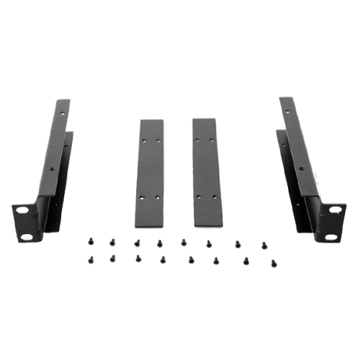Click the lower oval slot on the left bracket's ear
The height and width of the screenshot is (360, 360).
click(x=27, y=235)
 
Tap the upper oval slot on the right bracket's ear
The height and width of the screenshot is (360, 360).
click(x=335, y=210)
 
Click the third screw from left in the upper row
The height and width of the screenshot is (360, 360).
click(x=136, y=243)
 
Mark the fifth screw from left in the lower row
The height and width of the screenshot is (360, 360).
click(x=191, y=258)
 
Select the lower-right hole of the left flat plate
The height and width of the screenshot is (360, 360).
click(x=154, y=195)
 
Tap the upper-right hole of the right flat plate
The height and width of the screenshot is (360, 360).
click(x=210, y=139)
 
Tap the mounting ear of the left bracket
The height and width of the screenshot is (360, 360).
click(x=26, y=223)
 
